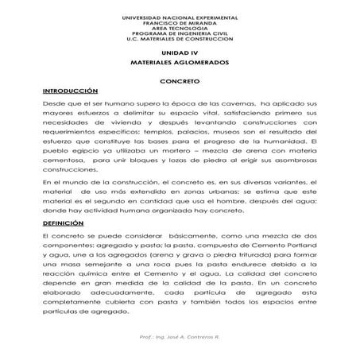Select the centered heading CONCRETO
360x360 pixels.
point(180,82)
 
